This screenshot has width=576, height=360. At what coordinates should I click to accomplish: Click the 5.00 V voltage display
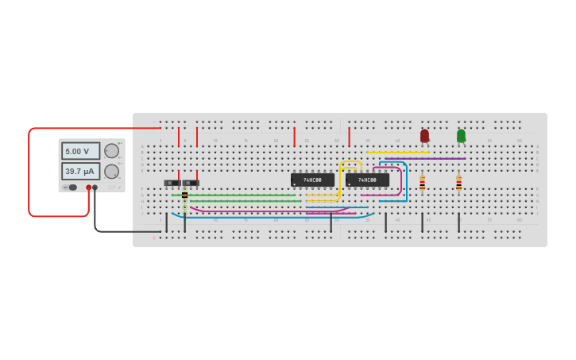pyautogui.click(x=80, y=151)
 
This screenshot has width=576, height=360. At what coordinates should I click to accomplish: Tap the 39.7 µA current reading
pyautogui.click(x=80, y=171)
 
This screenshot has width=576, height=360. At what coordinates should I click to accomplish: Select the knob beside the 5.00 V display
pyautogui.click(x=112, y=151)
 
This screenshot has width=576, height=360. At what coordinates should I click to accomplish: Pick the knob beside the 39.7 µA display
pyautogui.click(x=112, y=171)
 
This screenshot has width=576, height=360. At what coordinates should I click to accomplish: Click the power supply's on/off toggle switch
pyautogui.click(x=72, y=188)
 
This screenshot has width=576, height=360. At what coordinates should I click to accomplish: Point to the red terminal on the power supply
pyautogui.click(x=88, y=188)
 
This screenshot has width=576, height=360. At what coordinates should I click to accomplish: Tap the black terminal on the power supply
pyautogui.click(x=95, y=188)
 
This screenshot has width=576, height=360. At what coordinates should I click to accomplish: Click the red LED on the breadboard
pyautogui.click(x=424, y=136)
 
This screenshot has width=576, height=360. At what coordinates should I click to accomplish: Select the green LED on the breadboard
pyautogui.click(x=461, y=136)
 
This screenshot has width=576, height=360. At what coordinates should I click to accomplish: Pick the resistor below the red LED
pyautogui.click(x=422, y=183)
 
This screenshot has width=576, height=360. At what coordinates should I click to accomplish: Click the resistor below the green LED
pyautogui.click(x=458, y=183)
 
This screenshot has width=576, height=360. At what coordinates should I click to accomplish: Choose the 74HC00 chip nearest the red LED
pyautogui.click(x=367, y=180)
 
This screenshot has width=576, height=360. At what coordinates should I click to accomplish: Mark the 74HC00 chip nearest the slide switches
pyautogui.click(x=312, y=180)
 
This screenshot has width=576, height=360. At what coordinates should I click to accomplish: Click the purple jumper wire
pyautogui.click(x=425, y=158)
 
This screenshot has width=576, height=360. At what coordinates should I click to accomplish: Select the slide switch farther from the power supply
pyautogui.click(x=191, y=183)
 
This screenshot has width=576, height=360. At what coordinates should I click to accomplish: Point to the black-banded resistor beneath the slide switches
pyautogui.click(x=185, y=196)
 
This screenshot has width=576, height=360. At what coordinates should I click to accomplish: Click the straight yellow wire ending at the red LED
pyautogui.click(x=397, y=153)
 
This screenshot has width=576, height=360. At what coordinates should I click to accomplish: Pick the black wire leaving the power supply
pyautogui.click(x=119, y=231)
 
